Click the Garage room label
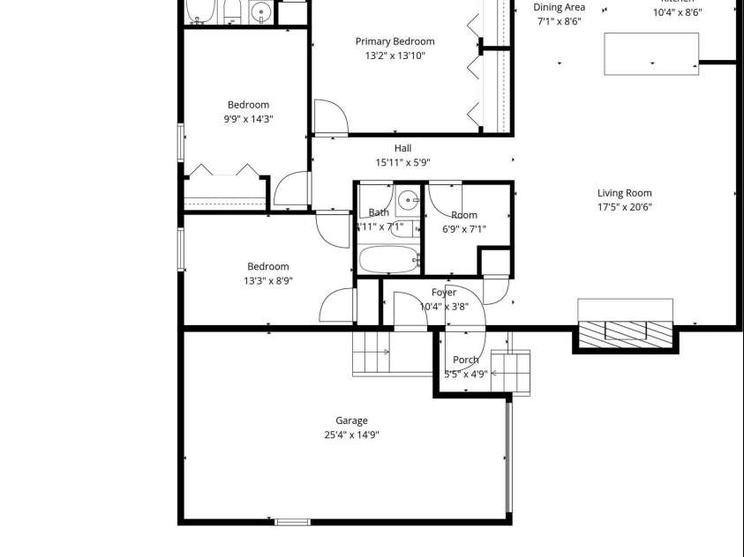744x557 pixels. point(351,420)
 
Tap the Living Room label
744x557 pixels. point(624,193)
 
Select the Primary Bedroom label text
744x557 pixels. point(395,41)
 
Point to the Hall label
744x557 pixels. point(402,148)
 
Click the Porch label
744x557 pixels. point(465,360)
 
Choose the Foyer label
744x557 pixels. point(444,293)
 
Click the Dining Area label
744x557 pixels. point(560,8)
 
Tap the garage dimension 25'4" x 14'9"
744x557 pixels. point(351,434)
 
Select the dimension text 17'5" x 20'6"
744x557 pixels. point(624,208)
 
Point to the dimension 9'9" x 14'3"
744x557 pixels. point(248,119)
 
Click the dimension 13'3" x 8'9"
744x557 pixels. point(267,281)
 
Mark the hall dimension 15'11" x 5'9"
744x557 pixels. point(402,162)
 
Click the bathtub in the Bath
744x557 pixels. point(388,260)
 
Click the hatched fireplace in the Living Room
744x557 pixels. point(625,331)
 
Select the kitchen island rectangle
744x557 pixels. point(650,53)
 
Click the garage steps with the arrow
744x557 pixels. point(372,353)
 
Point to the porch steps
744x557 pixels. point(511,372)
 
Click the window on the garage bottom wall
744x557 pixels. point(292,522)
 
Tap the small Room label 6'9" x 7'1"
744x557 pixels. point(464,215)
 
